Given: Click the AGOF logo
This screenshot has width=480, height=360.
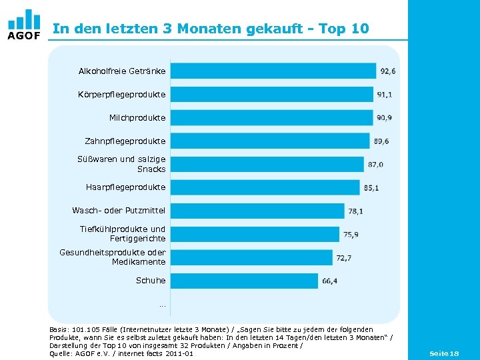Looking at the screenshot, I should (24, 24).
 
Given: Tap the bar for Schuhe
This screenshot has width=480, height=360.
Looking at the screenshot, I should (244, 281).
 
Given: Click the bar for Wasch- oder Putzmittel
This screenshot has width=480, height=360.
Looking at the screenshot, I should (257, 211).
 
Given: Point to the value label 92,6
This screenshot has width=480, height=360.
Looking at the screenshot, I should (388, 71).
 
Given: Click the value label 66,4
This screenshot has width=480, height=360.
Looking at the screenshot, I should (330, 281).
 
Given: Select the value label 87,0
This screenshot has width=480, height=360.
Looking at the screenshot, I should (375, 165).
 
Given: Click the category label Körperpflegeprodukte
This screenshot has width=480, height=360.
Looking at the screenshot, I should (122, 95).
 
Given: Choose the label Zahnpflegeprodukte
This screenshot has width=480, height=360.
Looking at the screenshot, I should (125, 141).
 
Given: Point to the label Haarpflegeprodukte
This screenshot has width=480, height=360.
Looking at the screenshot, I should (126, 187).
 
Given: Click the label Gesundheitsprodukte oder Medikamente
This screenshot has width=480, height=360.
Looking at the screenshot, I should (113, 257).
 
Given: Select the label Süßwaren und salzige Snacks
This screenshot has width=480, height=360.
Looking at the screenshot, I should (122, 164).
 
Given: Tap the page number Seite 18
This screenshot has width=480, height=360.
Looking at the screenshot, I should (444, 353).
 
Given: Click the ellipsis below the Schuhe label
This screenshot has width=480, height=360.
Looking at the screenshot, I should (162, 305).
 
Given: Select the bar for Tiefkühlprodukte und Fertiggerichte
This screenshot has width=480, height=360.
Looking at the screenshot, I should (255, 234).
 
